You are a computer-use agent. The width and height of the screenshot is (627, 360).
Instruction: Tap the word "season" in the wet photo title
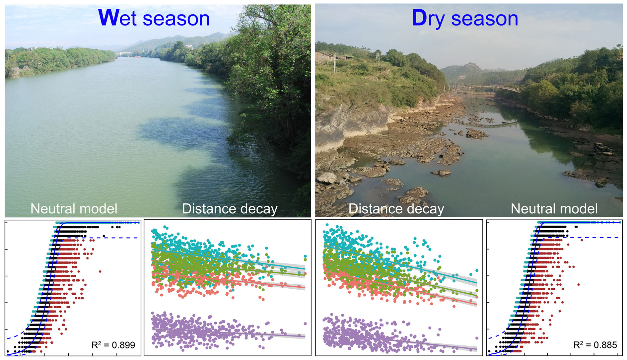(x=176, y=19)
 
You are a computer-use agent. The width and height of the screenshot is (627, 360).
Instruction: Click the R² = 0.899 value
(x=113, y=345)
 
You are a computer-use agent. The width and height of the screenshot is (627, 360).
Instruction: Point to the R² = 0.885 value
(x=595, y=345)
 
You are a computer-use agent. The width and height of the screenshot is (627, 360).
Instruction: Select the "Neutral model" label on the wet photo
(x=74, y=209)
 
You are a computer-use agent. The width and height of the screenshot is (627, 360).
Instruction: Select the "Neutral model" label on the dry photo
(x=554, y=209)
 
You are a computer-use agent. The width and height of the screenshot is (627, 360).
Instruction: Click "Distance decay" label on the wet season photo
(x=230, y=209)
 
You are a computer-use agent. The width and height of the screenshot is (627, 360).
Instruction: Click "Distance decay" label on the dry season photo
(x=396, y=209)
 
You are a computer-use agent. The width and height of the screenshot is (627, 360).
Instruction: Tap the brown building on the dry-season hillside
(x=327, y=57)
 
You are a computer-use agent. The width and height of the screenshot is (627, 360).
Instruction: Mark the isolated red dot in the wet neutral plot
(x=100, y=271)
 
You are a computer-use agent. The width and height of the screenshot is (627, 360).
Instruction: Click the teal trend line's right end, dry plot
(x=475, y=283)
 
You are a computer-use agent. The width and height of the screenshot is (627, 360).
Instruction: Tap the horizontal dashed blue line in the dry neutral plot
(x=597, y=238)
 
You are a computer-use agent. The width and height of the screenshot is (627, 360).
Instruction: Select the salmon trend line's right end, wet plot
(x=304, y=287)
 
